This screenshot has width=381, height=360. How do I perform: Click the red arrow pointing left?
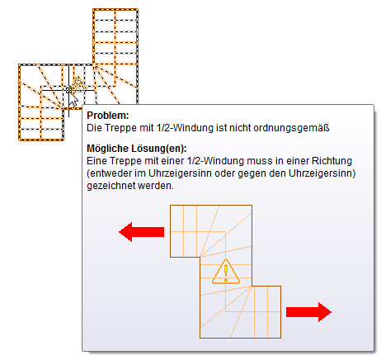[141, 232]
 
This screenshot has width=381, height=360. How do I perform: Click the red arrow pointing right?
[308, 312]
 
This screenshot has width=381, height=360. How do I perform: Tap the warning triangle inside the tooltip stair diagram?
[226, 272]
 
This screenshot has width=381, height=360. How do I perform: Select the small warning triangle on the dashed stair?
[78, 83]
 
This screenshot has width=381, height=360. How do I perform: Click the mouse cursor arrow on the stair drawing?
[73, 99]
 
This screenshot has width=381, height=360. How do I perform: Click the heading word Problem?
[108, 116]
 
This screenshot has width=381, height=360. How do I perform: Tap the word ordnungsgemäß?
[291, 128]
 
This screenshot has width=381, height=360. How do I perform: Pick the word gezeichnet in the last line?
[111, 186]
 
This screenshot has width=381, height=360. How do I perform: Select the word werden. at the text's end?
[156, 186]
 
